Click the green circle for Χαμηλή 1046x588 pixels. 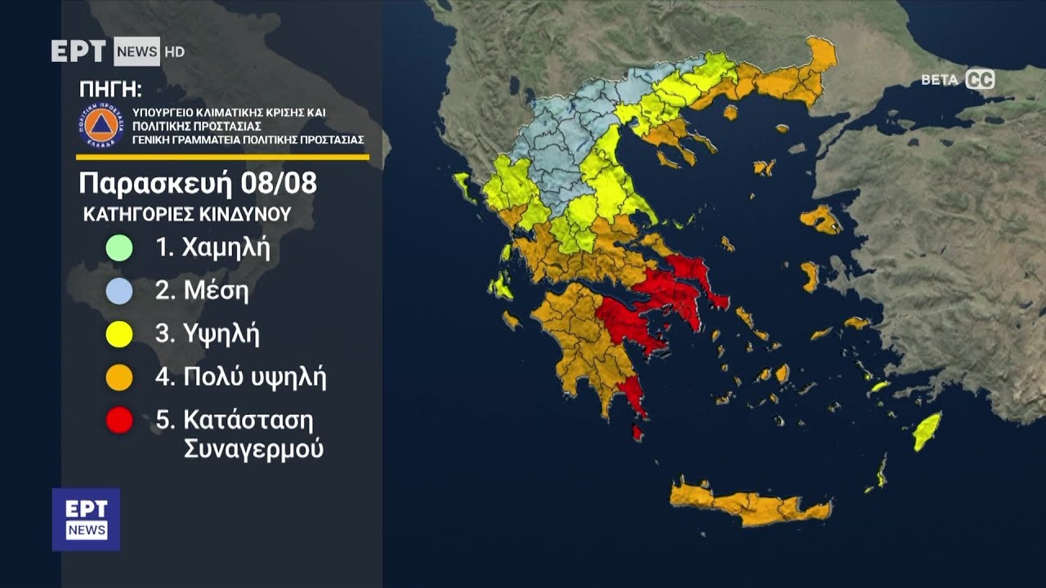[x=119, y=247]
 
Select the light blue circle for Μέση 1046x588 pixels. [x=119, y=291]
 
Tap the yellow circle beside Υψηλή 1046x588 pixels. [x=119, y=333]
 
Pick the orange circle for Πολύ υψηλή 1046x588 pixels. [x=119, y=376]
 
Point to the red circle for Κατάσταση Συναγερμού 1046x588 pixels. [x=119, y=421]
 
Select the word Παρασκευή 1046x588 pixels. [x=156, y=184]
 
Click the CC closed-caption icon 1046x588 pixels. [x=980, y=79]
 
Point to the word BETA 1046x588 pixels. [x=940, y=80]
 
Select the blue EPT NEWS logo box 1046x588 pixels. [x=86, y=519]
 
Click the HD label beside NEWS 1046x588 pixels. [x=174, y=51]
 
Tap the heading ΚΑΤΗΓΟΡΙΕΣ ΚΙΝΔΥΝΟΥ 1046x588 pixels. [x=187, y=215]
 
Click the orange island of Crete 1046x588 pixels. [x=748, y=504]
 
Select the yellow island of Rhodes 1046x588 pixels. [x=927, y=430]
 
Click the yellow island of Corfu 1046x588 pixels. [x=463, y=186]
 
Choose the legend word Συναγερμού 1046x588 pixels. [x=253, y=449]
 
